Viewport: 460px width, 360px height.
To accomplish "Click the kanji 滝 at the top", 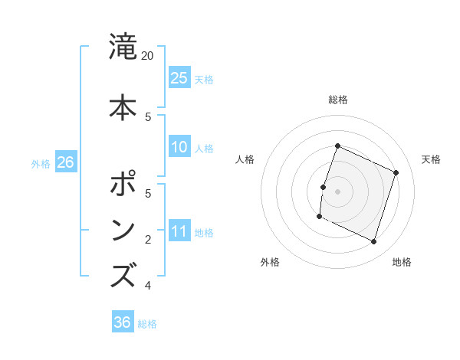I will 123,47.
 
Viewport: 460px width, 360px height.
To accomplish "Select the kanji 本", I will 123,107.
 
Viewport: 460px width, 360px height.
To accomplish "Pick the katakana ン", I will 123,230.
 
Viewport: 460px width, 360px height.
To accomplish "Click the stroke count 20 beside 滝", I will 148,56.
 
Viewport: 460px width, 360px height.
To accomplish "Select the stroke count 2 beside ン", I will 148,240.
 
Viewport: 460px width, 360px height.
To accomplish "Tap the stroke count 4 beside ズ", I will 148,286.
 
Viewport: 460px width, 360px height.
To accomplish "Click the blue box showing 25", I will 179,77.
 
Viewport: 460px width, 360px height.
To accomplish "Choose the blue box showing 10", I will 179,147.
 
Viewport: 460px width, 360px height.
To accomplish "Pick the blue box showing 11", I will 179,231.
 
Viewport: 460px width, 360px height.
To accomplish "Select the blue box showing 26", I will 66,162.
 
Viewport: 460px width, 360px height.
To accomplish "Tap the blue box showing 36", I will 123,322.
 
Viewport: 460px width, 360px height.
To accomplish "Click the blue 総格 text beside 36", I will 148,324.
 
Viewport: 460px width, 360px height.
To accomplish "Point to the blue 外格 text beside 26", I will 41,163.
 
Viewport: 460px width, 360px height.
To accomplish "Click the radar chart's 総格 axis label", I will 337,100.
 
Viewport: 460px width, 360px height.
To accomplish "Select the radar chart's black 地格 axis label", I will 402,263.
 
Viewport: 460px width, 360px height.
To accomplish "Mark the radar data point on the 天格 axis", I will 396,173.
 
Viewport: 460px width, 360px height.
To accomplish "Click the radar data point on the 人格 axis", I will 323,188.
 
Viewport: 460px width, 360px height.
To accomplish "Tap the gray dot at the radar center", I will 337,191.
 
